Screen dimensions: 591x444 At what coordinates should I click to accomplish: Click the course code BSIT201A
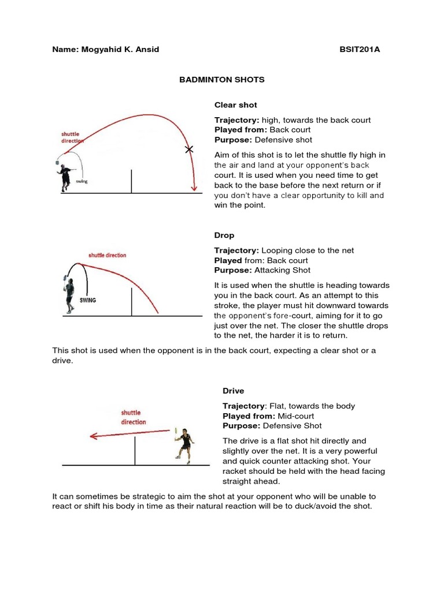click(x=360, y=50)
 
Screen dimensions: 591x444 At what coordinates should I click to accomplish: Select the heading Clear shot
click(x=235, y=105)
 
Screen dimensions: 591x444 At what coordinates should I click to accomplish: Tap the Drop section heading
click(x=224, y=235)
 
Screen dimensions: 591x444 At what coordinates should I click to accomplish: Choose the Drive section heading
click(x=234, y=391)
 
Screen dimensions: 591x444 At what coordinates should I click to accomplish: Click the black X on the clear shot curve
click(x=188, y=149)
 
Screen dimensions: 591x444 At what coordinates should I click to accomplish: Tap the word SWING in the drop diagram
click(x=88, y=301)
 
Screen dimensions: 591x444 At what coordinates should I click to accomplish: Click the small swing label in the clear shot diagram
click(x=81, y=181)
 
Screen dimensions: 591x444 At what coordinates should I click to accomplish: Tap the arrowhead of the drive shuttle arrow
click(x=92, y=437)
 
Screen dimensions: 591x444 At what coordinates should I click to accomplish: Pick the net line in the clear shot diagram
click(x=132, y=182)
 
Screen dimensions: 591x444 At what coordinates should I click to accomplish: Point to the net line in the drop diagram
click(x=132, y=302)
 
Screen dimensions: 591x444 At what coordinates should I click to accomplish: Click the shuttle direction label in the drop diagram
click(x=107, y=255)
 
